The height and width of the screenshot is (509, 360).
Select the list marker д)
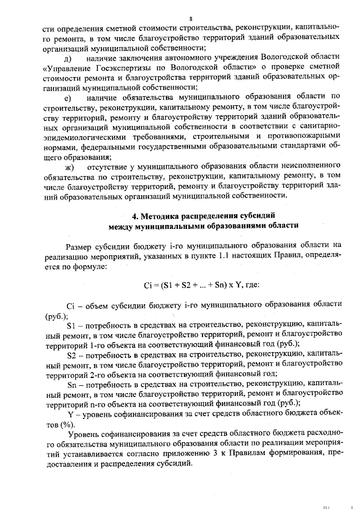tap(69, 58)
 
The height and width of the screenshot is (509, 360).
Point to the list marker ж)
tap(70, 168)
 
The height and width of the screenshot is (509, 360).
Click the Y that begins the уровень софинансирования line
tap(70, 415)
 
